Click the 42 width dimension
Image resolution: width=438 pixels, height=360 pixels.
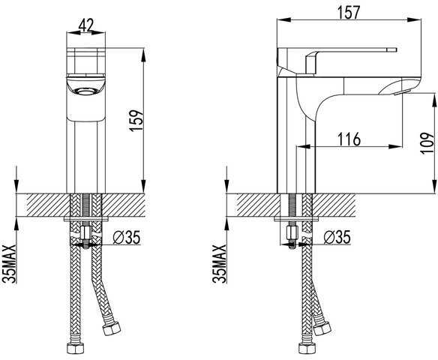click(85, 25)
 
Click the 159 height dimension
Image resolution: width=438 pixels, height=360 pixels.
click(136, 120)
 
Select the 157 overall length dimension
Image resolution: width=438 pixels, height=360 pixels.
click(348, 12)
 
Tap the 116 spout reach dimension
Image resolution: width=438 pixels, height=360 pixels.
click(349, 139)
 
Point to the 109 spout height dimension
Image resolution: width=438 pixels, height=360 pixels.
click(427, 143)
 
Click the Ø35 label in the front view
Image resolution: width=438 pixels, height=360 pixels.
click(127, 238)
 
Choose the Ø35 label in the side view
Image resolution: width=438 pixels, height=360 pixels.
click(337, 238)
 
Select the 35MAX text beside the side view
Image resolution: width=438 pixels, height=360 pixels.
click(219, 264)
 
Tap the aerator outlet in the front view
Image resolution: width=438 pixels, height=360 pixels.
click(85, 91)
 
